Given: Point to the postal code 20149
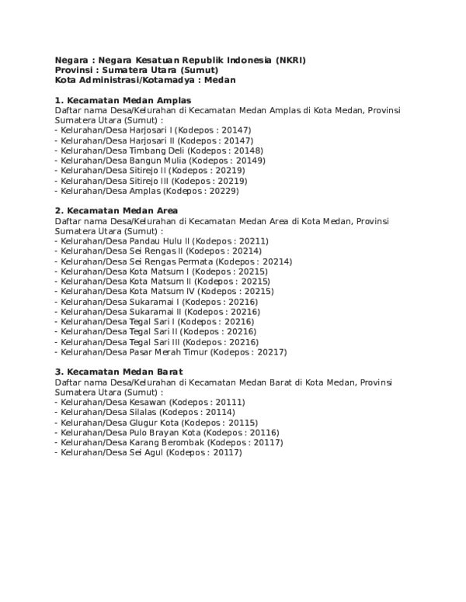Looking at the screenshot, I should [x=250, y=161].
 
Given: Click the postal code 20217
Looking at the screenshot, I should [x=271, y=351].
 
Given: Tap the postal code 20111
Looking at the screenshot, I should [x=229, y=403].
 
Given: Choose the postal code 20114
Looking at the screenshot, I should [x=220, y=413].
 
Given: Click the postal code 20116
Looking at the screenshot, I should [x=263, y=432].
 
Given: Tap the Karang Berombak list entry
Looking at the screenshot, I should [x=172, y=442].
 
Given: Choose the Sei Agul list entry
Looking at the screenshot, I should [x=151, y=452].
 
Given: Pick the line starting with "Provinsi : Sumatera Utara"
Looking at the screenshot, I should [x=136, y=70].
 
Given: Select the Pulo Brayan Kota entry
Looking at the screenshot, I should [x=169, y=432].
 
